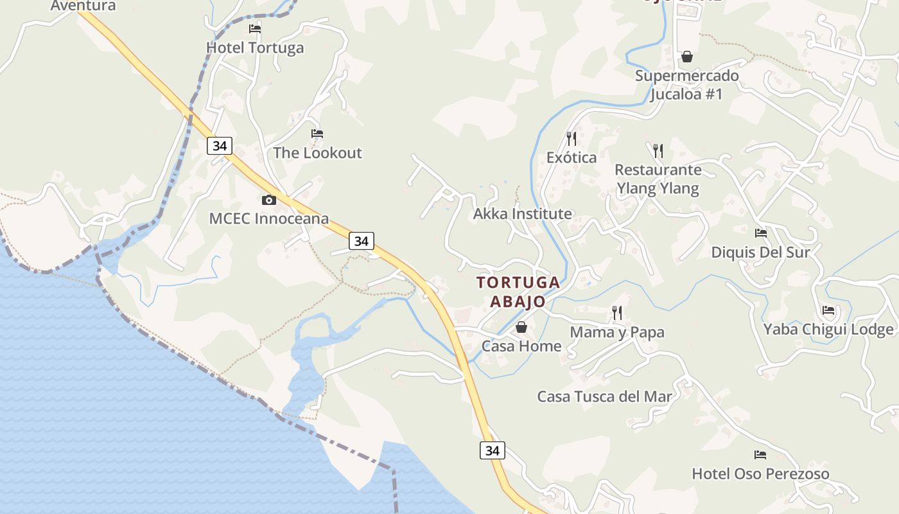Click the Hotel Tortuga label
(x=255, y=48)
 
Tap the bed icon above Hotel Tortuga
(x=255, y=29)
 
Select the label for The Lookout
(x=317, y=153)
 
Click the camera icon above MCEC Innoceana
(x=269, y=200)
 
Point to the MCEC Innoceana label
(x=268, y=218)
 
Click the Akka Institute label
(x=522, y=214)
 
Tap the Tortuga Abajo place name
(x=518, y=292)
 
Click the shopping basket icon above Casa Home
(x=521, y=327)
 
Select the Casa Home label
(x=521, y=346)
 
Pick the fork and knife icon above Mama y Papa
(x=617, y=313)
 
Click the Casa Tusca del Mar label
(x=604, y=396)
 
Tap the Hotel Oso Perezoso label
(x=760, y=474)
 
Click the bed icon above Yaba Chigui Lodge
(x=828, y=310)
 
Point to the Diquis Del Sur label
(x=760, y=252)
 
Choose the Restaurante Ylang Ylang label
(x=658, y=179)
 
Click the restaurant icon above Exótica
(x=572, y=138)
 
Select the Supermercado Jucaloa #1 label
(x=686, y=85)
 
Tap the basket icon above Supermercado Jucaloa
(x=687, y=57)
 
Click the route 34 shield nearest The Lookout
(x=220, y=146)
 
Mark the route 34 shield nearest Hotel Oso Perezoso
(x=493, y=450)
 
